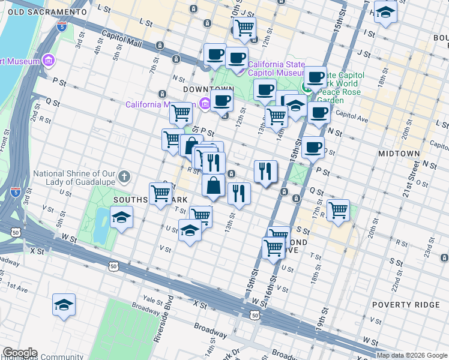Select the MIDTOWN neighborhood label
[x=399, y=154]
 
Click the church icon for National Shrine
[x=124, y=176]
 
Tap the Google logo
[x=19, y=353]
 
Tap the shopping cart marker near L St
[x=244, y=27]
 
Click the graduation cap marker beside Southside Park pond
[x=122, y=217]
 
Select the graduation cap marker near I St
[x=385, y=12]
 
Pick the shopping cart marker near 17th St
[x=339, y=210]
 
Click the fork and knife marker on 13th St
[x=239, y=193]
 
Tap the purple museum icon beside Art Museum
[x=49, y=61]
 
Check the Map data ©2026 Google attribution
[x=412, y=355]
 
